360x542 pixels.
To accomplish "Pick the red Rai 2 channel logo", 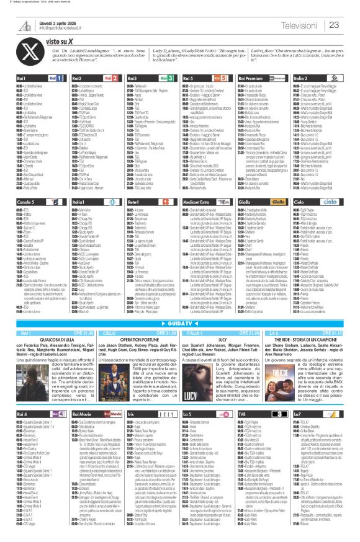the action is pos(113,79).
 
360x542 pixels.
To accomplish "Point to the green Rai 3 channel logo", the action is pos(168,79).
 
